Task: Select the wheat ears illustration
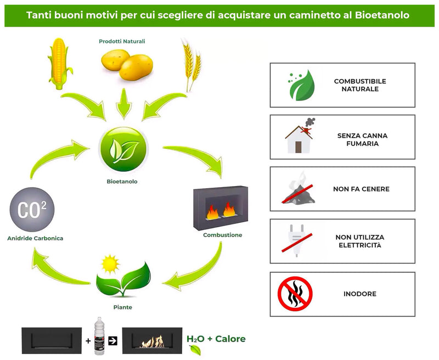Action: (190, 66)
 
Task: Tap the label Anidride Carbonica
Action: (36, 238)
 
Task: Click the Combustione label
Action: (222, 235)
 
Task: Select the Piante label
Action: (122, 307)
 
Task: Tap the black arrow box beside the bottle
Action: (113, 341)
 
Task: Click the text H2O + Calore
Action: (216, 339)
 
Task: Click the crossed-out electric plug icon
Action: (297, 240)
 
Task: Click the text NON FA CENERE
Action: (361, 189)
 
